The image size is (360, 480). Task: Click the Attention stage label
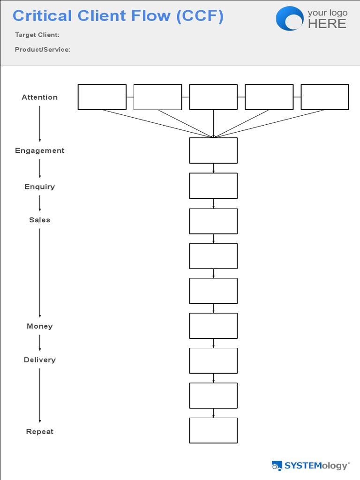pyautogui.click(x=40, y=97)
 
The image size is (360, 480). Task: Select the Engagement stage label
pyautogui.click(x=40, y=150)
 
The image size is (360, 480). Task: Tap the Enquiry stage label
pyautogui.click(x=40, y=187)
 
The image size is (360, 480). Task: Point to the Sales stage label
pyautogui.click(x=40, y=220)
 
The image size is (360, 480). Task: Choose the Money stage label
pyautogui.click(x=40, y=326)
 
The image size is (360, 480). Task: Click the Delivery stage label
pyautogui.click(x=40, y=360)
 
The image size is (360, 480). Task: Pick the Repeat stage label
pyautogui.click(x=40, y=432)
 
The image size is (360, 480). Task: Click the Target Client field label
pyautogui.click(x=37, y=35)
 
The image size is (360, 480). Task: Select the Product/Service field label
pyautogui.click(x=43, y=49)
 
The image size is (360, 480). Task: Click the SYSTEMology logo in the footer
pyautogui.click(x=311, y=465)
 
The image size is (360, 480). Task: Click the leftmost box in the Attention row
pyautogui.click(x=102, y=97)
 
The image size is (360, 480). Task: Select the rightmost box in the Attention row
pyautogui.click(x=324, y=97)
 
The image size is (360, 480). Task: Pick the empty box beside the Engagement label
pyautogui.click(x=213, y=150)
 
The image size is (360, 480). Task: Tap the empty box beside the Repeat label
pyautogui.click(x=213, y=430)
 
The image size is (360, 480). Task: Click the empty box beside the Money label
pyautogui.click(x=213, y=326)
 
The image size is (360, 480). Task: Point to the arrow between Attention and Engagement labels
pyautogui.click(x=40, y=123)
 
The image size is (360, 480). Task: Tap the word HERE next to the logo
pyautogui.click(x=327, y=23)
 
